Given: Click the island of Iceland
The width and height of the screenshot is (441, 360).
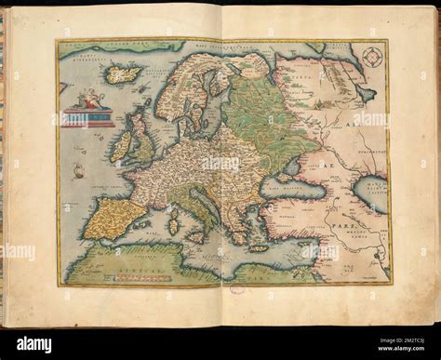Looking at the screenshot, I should click(125, 73).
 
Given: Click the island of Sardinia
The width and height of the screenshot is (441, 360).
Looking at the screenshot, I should click(172, 226).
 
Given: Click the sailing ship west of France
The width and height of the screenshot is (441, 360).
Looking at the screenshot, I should click(79, 171).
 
